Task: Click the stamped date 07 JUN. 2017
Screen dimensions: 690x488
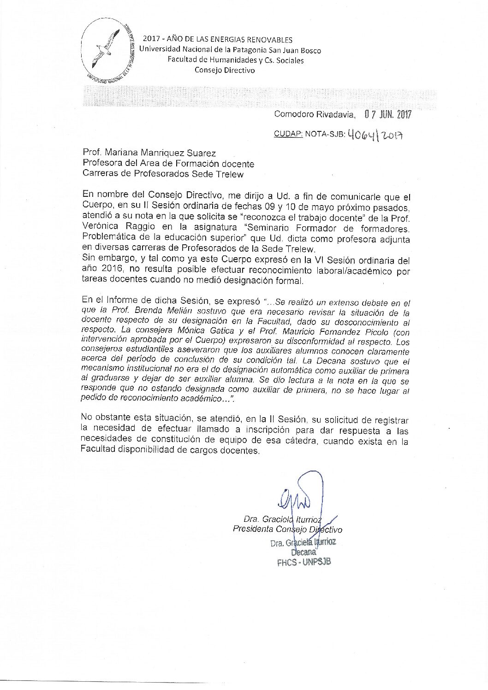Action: (387, 114)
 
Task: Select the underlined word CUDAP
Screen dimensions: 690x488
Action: (288, 134)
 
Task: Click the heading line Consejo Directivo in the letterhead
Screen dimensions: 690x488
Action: (224, 70)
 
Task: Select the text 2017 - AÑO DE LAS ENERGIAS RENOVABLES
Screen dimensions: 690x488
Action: (217, 40)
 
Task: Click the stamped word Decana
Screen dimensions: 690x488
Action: (304, 552)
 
